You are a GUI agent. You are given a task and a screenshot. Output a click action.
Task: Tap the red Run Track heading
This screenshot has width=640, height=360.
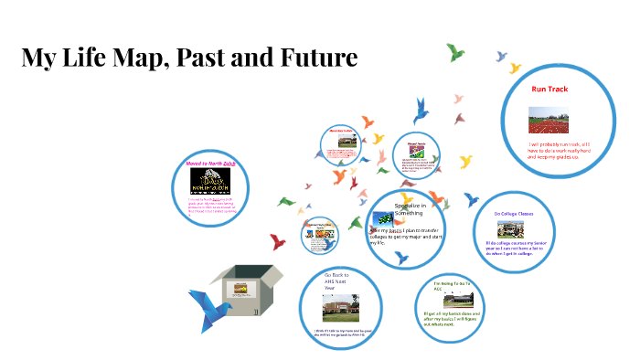[550, 89]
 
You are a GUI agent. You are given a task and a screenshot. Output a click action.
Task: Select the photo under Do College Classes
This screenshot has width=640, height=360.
[514, 228]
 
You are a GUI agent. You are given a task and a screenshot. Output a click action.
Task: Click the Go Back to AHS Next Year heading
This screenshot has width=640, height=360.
[337, 278]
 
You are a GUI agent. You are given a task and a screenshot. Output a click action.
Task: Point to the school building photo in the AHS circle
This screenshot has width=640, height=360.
[339, 308]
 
